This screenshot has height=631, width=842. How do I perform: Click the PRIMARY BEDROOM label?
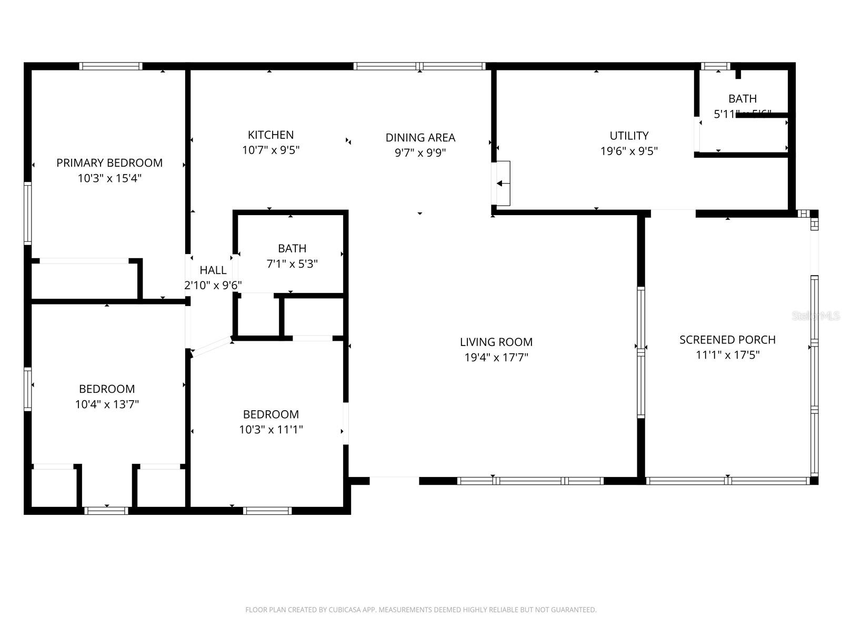109,163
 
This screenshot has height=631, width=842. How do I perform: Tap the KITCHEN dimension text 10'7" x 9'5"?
270,150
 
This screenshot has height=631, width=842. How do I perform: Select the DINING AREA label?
420,138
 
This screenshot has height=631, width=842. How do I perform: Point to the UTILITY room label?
629,136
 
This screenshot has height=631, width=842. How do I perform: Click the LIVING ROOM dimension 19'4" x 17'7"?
496,358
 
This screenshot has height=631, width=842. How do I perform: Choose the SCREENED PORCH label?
727,340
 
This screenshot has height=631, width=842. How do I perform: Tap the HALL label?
213,270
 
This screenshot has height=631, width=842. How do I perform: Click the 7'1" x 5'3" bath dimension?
292,264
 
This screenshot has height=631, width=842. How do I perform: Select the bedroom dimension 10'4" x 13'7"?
107,404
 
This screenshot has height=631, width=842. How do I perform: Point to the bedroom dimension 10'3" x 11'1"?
271,430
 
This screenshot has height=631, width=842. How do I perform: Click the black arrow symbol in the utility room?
503,184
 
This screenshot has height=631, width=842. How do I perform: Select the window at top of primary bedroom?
111,66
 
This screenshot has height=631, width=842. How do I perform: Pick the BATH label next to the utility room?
743,99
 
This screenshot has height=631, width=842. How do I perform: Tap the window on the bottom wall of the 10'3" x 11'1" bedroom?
267,510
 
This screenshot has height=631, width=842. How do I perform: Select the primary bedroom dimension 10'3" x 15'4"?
109,178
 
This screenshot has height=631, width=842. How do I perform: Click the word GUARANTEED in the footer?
573,610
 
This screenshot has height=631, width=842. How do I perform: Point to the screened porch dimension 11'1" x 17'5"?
727,355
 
